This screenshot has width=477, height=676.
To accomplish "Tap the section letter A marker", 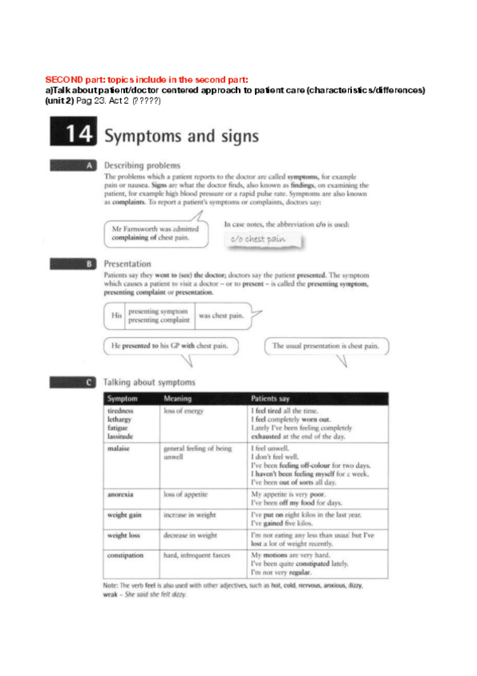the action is (90, 165).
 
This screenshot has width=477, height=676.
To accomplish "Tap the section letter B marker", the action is (90, 263).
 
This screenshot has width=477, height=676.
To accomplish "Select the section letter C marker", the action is (90, 383).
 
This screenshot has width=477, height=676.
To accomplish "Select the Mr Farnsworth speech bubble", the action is (157, 234).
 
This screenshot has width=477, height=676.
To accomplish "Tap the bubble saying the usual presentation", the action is (326, 346).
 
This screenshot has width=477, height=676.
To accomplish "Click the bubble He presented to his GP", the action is (164, 346).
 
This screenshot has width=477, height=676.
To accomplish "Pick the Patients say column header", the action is (276, 398).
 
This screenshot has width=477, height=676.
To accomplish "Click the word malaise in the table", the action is (119, 449).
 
